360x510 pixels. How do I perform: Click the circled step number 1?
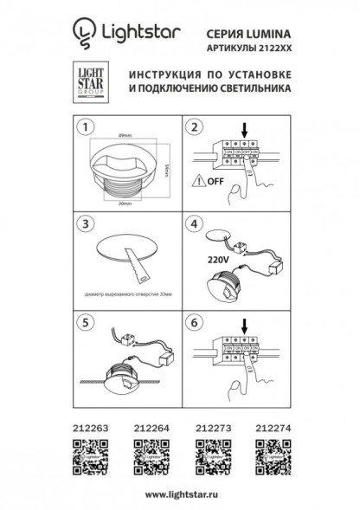coord(85,129)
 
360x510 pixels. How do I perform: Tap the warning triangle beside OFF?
coord(198,183)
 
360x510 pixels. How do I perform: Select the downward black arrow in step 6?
coord(245,325)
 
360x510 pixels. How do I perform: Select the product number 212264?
coord(150,428)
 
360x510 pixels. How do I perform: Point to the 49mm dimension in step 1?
coord(126,134)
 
